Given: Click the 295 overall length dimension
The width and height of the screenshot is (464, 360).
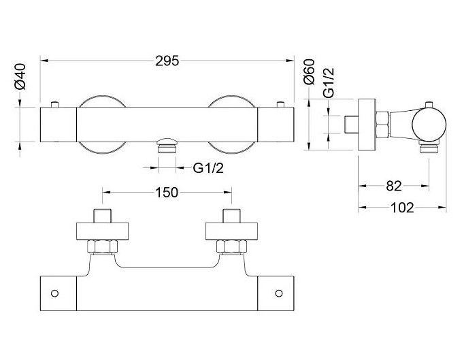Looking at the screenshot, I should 167,61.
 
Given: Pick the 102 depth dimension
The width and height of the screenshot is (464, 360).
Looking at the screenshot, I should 402,208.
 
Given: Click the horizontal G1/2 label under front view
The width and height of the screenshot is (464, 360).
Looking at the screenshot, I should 209,167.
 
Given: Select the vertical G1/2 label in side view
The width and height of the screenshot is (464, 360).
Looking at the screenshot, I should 329,83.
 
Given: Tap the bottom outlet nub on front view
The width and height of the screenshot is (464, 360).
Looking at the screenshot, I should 167,145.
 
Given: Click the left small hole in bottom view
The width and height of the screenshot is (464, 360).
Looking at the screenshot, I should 55,293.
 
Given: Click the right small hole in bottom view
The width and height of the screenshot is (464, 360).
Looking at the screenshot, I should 278,293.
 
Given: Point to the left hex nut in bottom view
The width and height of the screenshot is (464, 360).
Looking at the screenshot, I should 101,246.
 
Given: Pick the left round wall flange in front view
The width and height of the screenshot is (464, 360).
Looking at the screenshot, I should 101,125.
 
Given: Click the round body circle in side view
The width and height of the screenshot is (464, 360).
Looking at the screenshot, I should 428,123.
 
